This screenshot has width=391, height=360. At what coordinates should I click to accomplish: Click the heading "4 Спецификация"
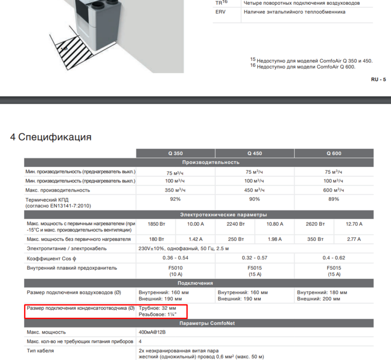point(51,137)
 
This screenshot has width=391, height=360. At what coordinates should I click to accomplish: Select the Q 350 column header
point(175,154)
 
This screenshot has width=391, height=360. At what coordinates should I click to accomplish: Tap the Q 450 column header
point(255,154)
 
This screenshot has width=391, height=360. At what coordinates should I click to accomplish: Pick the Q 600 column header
point(334,154)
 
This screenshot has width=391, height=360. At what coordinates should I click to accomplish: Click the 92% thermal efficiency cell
point(175,199)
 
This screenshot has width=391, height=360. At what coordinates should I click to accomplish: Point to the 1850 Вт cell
point(156,224)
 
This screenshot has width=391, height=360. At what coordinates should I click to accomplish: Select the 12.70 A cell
point(354,224)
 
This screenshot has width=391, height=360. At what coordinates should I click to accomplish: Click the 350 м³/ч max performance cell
point(175,190)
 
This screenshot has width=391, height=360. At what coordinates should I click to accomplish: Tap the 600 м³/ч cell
point(334,190)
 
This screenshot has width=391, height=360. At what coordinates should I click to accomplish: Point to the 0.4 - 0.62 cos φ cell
point(334,258)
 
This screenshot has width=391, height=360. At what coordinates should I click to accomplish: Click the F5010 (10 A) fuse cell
point(175,271)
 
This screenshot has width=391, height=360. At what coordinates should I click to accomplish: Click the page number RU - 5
point(378,79)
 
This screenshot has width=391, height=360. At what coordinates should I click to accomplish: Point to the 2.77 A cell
point(354,239)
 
